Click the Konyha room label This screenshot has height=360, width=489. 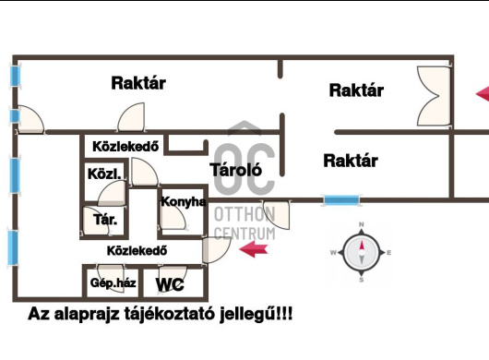(x=183, y=202)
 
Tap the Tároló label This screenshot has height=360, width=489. (x=237, y=170)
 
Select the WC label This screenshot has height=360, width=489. (x=172, y=284)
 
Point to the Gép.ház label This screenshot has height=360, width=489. (x=113, y=283)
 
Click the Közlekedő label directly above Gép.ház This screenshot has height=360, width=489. (x=136, y=250)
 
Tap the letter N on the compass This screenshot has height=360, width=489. (x=362, y=224)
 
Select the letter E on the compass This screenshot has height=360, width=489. (x=389, y=252)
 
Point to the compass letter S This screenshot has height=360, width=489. (x=362, y=279)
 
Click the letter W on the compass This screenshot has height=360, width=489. (x=332, y=252)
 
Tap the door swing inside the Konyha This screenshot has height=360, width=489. (x=171, y=219)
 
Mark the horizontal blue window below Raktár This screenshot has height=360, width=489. (x=340, y=198)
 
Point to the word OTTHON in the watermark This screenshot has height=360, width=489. (x=244, y=214)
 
